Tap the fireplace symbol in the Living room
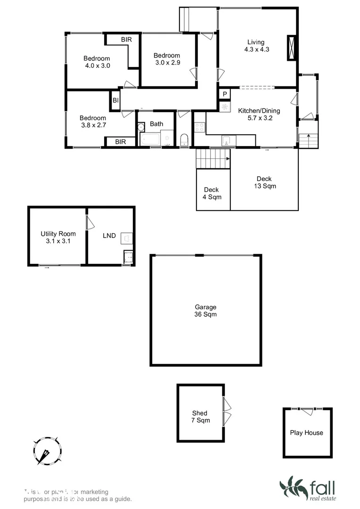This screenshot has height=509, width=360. pos(292,48)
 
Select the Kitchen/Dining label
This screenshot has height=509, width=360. pos(259,115)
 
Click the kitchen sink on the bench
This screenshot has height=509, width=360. pos(226,140)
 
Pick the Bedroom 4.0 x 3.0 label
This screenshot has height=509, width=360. pos(97,62)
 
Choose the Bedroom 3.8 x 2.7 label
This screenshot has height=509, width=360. pos(92,122)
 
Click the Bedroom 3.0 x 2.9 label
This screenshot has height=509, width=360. pos(167,59)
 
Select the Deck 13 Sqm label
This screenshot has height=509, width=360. pos(264,182)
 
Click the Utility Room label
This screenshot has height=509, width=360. pos(58,237)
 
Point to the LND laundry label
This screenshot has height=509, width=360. pos(109,236)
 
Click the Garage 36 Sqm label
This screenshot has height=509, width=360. pos(205,311)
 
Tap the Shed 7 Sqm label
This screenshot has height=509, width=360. pos(200,417)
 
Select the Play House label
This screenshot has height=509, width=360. pos(306,433)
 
